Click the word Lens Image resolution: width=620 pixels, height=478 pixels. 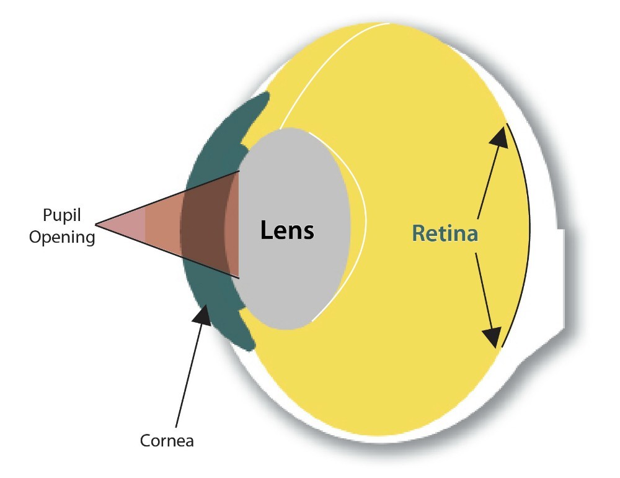(287, 230)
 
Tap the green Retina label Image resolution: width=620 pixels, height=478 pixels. (445, 233)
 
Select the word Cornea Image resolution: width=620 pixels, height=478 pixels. (167, 441)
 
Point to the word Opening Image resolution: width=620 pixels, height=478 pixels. (62, 238)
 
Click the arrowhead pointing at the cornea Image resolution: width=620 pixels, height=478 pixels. (203, 315)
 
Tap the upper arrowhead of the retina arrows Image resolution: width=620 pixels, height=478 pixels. (499, 137)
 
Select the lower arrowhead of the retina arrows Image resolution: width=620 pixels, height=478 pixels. (493, 338)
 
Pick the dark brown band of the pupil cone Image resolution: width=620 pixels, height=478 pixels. (203, 225)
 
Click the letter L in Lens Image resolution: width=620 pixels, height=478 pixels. (267, 230)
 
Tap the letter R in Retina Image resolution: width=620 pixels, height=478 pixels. (418, 233)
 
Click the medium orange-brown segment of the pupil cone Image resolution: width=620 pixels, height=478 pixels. (163, 225)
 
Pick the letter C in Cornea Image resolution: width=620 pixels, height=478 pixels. (146, 441)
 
